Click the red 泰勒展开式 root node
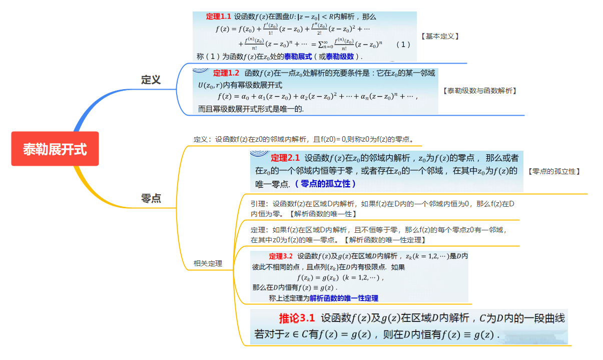(55, 149)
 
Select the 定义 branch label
(151, 80)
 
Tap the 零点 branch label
(151, 198)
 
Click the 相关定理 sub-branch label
(208, 263)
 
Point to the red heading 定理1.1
(219, 17)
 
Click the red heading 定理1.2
(226, 73)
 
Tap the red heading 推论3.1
(297, 318)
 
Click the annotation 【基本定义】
(440, 36)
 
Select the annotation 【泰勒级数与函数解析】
(479, 91)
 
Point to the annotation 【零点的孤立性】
(554, 171)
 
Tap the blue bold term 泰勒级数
(340, 56)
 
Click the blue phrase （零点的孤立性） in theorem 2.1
(325, 184)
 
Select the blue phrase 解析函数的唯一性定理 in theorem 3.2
(344, 298)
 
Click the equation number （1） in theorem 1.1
(403, 44)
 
